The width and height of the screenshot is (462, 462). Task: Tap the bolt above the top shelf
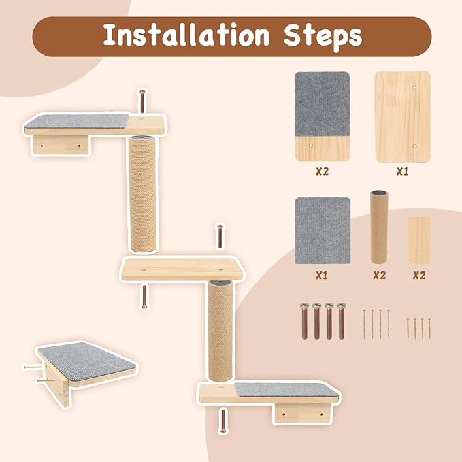(142, 102)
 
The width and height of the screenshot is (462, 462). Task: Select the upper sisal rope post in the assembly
(142, 193)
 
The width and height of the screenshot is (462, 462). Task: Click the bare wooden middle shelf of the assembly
(182, 269)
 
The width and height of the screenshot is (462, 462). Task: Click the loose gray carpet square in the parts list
(322, 231)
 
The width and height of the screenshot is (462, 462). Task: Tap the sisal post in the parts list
(378, 228)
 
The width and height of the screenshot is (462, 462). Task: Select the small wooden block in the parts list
(418, 240)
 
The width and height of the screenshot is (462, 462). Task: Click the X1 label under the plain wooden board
(403, 171)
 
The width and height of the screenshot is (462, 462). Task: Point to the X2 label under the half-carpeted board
(322, 171)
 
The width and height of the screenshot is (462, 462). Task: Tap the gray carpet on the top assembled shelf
(76, 123)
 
